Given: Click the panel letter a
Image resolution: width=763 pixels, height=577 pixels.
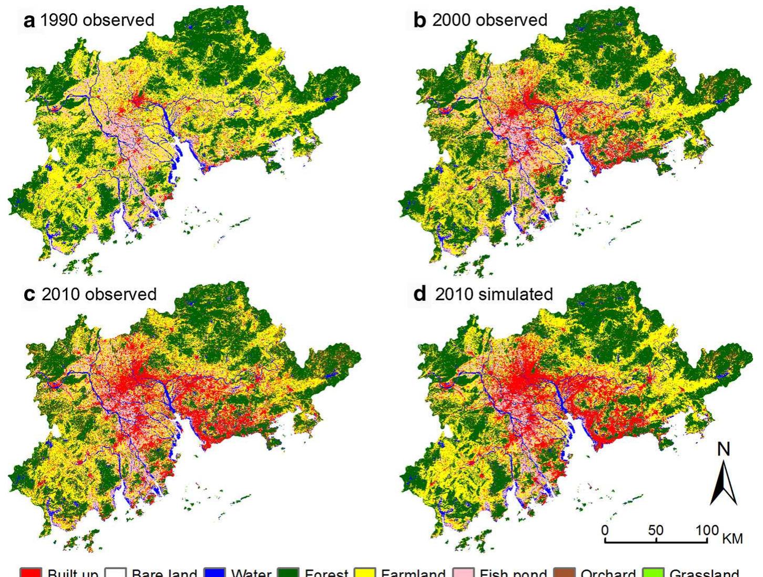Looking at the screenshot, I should pos(30,21).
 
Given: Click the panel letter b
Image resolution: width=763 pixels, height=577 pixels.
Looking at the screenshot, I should pos(420,21).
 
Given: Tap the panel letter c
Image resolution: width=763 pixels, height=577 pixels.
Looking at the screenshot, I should pos(30,295).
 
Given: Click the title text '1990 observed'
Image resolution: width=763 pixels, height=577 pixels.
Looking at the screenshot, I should pos(97,21).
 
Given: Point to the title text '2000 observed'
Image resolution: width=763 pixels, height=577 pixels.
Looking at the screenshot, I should pos(490,21).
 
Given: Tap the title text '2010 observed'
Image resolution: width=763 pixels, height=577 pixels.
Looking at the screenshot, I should pos(99,294).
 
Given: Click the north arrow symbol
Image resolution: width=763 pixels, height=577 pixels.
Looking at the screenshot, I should pos(724,483).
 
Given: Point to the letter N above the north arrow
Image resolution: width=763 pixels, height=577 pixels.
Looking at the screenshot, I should pos(724,449).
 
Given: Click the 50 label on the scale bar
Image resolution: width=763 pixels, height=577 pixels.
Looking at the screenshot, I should pos(656,530).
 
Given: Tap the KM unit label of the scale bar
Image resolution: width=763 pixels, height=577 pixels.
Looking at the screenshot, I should pos(733,539).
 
